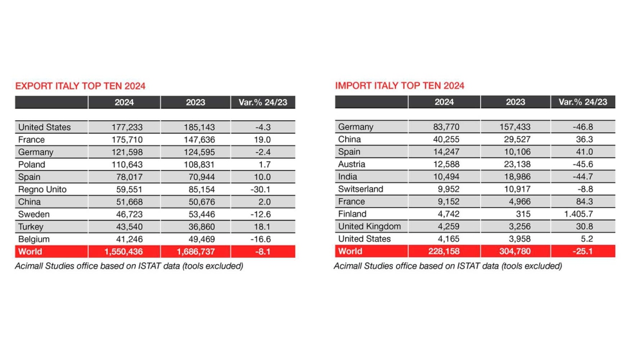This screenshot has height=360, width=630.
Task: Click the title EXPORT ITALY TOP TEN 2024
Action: pyautogui.click(x=80, y=86)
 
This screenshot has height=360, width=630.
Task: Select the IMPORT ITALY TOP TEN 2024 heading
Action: pyautogui.click(x=400, y=86)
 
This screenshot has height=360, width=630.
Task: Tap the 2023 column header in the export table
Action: pyautogui.click(x=195, y=102)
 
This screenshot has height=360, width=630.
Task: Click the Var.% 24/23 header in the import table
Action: pyautogui.click(x=582, y=102)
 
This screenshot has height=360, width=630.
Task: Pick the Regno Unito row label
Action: pyautogui.click(x=42, y=190)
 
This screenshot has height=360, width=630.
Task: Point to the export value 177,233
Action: pyautogui.click(x=125, y=127)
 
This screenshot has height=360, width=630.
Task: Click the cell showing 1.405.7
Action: pyautogui.click(x=582, y=214)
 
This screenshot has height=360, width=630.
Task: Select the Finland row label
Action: pyautogui.click(x=352, y=214)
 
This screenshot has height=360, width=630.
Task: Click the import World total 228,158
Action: pyautogui.click(x=444, y=251)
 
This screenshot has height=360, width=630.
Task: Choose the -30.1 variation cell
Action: pyautogui.click(x=263, y=190)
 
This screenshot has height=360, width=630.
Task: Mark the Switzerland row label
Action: pyautogui.click(x=361, y=190)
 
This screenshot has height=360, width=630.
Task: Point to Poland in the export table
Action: pyautogui.click(x=32, y=165)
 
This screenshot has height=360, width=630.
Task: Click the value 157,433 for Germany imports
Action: pyautogui.click(x=515, y=127)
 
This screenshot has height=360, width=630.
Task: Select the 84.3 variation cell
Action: pyautogui.click(x=582, y=202)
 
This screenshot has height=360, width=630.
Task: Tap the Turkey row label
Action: pyautogui.click(x=32, y=227)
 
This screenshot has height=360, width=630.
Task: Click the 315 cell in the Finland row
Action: pyautogui.click(x=515, y=214)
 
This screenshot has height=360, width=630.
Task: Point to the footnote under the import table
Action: pyautogui.click(x=448, y=266)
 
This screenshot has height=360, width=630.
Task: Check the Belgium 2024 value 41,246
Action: pyautogui.click(x=125, y=239)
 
